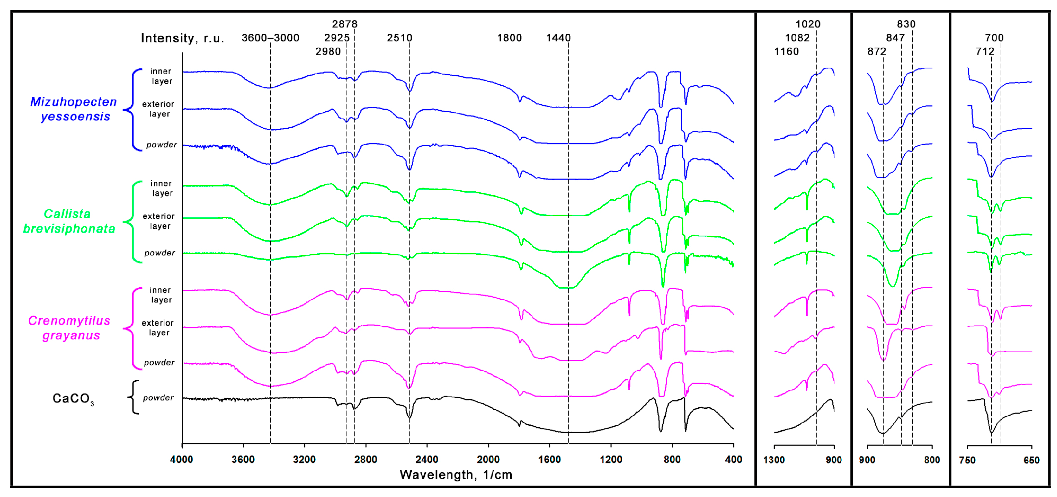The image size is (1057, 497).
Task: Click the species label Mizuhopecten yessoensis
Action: (x=74, y=109)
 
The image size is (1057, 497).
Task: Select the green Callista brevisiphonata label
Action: (x=69, y=221)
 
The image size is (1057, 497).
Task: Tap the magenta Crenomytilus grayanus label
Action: (x=69, y=328)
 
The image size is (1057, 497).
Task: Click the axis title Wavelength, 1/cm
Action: (x=455, y=475)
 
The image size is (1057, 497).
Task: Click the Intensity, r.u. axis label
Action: (x=182, y=38)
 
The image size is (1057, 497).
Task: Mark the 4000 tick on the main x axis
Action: (x=182, y=460)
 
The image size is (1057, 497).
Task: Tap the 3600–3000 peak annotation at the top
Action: (x=270, y=38)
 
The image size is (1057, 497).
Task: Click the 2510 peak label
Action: (x=399, y=38)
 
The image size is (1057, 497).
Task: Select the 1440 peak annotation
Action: (x=558, y=38)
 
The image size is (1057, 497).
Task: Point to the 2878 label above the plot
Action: (x=345, y=24)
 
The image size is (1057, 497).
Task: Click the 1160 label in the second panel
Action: (x=786, y=51)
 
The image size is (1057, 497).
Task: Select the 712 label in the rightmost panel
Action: (x=985, y=51)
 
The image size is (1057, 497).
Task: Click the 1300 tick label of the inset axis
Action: (x=774, y=460)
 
